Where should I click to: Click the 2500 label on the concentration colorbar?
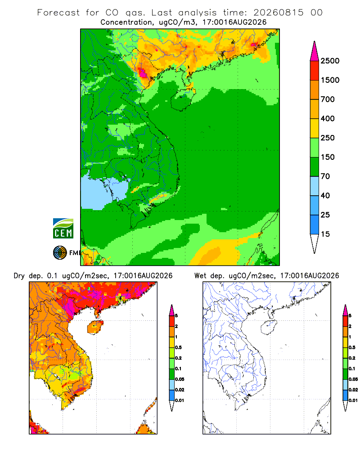[330, 61]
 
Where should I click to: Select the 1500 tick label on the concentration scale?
[330, 80]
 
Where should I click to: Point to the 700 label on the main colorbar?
[328, 99]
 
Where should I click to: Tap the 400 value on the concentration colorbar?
[328, 118]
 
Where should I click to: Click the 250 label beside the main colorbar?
[328, 138]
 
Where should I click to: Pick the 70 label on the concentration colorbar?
[325, 176]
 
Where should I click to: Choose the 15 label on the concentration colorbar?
[325, 234]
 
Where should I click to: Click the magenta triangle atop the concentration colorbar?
[315, 51]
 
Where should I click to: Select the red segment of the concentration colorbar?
[315, 71]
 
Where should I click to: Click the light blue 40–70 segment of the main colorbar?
[315, 186]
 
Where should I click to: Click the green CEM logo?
[63, 229]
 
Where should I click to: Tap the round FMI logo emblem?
[60, 253]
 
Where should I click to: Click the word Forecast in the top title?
[58, 13]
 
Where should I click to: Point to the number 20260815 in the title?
[278, 13]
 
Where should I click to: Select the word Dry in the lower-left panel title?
[19, 276]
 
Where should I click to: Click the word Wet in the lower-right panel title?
[200, 276]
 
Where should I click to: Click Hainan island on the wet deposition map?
[269, 328]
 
